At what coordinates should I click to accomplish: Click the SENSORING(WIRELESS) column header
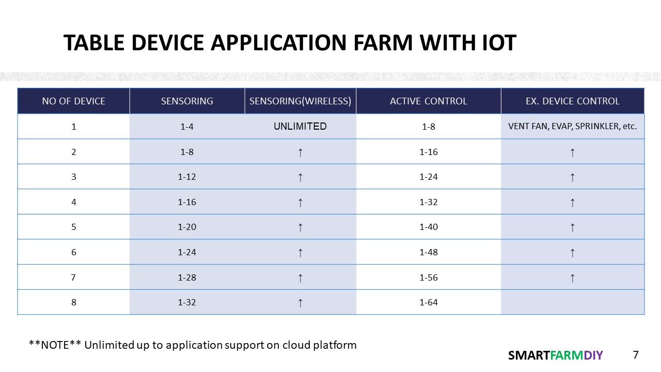pyautogui.click(x=300, y=101)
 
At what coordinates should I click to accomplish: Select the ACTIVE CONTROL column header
pyautogui.click(x=429, y=101)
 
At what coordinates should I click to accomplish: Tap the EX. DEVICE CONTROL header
pyautogui.click(x=573, y=101)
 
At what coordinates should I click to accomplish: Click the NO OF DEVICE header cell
pyautogui.click(x=73, y=101)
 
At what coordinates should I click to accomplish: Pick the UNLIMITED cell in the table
pyautogui.click(x=300, y=127)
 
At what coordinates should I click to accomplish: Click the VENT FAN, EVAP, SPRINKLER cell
pyautogui.click(x=573, y=127)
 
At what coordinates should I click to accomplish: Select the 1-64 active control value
pyautogui.click(x=429, y=302)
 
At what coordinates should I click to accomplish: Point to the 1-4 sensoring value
pyautogui.click(x=187, y=127)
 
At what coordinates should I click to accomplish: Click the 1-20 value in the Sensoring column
pyautogui.click(x=187, y=227)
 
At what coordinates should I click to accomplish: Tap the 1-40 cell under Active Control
pyautogui.click(x=429, y=227)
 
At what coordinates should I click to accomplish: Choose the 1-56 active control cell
pyautogui.click(x=429, y=277)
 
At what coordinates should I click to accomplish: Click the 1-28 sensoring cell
pyautogui.click(x=187, y=277)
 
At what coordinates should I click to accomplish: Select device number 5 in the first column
pyautogui.click(x=73, y=227)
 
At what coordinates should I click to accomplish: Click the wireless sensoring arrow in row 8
pyautogui.click(x=300, y=303)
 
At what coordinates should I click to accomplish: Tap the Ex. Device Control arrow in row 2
pyautogui.click(x=573, y=152)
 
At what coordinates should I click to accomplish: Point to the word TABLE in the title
pyautogui.click(x=94, y=43)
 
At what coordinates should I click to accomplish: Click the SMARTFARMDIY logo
pyautogui.click(x=555, y=355)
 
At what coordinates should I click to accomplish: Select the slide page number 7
pyautogui.click(x=636, y=354)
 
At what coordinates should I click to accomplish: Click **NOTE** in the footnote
pyautogui.click(x=55, y=345)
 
